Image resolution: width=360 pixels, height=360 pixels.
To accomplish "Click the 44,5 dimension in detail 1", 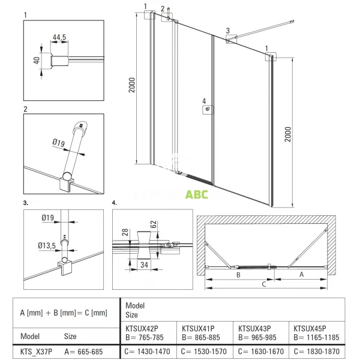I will click(59, 37).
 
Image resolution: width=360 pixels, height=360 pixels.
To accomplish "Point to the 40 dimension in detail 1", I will click(36, 60).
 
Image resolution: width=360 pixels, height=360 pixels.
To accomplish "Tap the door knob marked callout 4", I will click(208, 109).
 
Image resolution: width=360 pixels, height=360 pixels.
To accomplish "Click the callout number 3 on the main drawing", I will click(227, 29).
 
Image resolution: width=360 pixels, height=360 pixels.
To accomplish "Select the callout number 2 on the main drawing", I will click(163, 9).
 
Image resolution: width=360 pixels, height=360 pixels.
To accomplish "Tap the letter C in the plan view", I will click(264, 285).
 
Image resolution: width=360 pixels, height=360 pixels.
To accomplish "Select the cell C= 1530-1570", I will click(203, 350).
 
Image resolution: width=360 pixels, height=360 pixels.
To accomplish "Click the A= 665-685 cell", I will click(83, 350).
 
